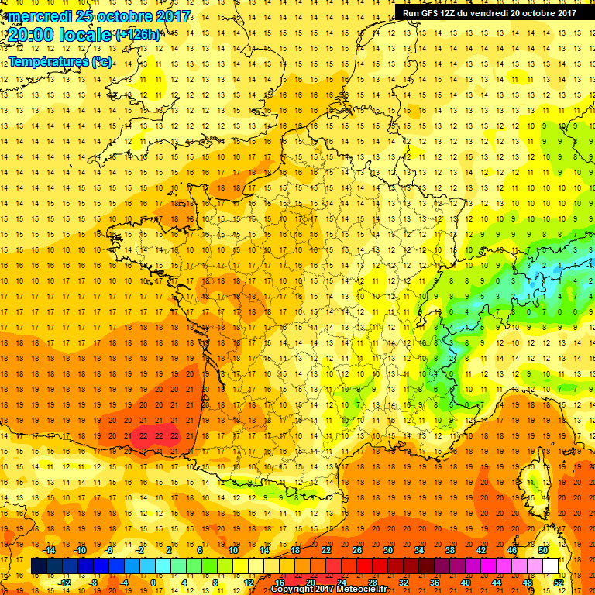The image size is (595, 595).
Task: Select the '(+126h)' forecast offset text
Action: pyautogui.click(x=138, y=35)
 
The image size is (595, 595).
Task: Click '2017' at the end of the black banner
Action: pyautogui.click(x=565, y=12)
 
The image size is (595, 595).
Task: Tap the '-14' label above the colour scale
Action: pyautogui.click(x=50, y=550)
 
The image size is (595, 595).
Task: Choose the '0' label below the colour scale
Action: pyautogui.click(x=153, y=582)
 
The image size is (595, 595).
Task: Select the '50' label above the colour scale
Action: pyautogui.click(x=542, y=550)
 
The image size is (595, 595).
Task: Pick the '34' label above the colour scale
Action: pyautogui.click(x=418, y=550)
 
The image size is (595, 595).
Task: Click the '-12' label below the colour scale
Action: pyautogui.click(x=64, y=582)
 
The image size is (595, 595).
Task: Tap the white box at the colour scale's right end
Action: pyautogui.click(x=550, y=566)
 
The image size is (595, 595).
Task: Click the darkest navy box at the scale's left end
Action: pyautogui.click(x=39, y=566)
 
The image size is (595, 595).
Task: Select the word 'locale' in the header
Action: pyautogui.click(x=85, y=35)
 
